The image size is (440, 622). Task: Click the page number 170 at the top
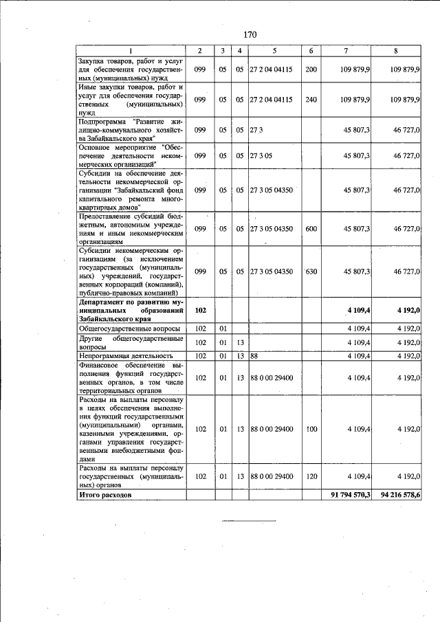[249, 35]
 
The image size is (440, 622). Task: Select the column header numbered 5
[274, 52]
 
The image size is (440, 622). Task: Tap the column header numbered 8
[396, 52]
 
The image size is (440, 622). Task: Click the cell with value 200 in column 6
[311, 70]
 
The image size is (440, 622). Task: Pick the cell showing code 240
[311, 100]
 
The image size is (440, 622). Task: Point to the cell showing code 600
[311, 229]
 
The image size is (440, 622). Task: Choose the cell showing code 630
[311, 271]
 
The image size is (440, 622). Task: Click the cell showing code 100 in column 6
[311, 429]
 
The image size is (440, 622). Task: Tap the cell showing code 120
[311, 476]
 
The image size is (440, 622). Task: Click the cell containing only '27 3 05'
[261, 156]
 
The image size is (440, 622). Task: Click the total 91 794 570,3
[351, 495]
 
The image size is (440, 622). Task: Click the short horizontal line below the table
[248, 521]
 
